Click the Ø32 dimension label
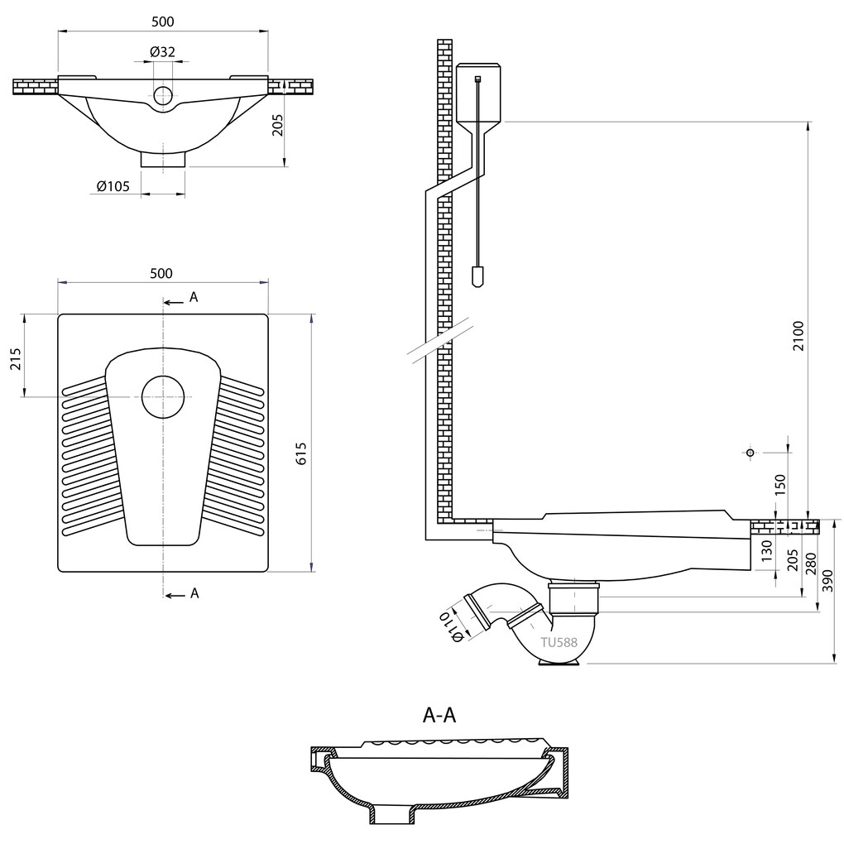click(x=162, y=51)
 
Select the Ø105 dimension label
click(x=113, y=186)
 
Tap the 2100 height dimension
click(x=798, y=335)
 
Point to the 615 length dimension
click(x=301, y=453)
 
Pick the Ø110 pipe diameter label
click(x=451, y=626)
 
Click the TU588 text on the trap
click(x=559, y=642)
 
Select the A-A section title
click(x=439, y=716)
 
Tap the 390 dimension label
click(x=829, y=581)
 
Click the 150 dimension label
click(x=780, y=485)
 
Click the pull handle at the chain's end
click(x=477, y=276)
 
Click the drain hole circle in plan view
click(x=163, y=396)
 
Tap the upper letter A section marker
click(x=194, y=297)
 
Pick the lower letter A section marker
click(x=194, y=593)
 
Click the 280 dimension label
click(x=811, y=564)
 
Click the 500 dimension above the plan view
click(x=161, y=273)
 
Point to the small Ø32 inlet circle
click(x=163, y=95)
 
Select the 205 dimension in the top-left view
click(x=277, y=125)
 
